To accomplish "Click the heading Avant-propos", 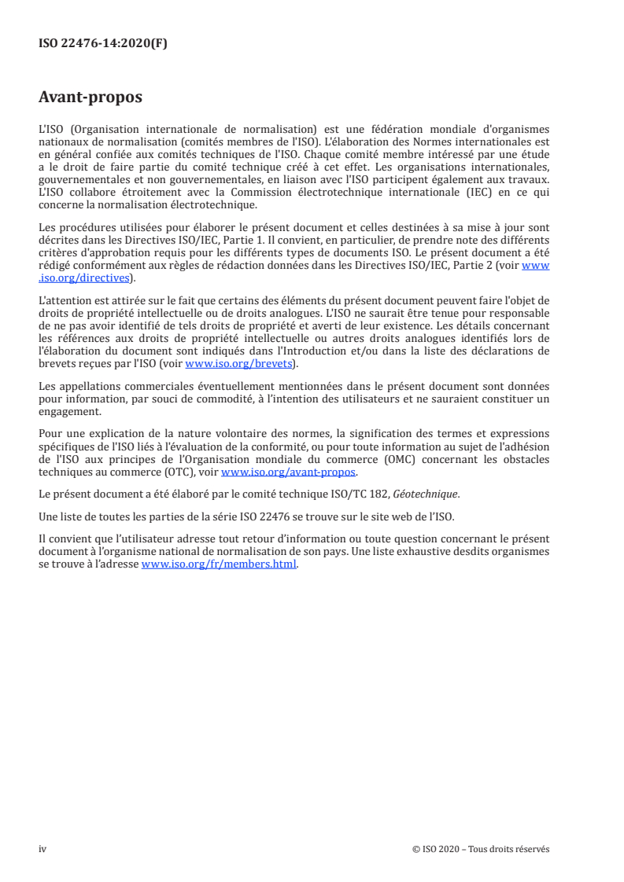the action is click(x=90, y=98).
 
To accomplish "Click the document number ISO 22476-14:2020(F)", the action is click(x=102, y=44).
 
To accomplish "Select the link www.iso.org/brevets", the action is click(x=237, y=364).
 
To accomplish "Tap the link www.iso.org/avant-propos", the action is click(x=289, y=472).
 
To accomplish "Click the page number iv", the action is click(x=42, y=849).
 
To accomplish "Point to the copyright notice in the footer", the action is click(x=480, y=849).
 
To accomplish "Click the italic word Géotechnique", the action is click(x=430, y=494).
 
